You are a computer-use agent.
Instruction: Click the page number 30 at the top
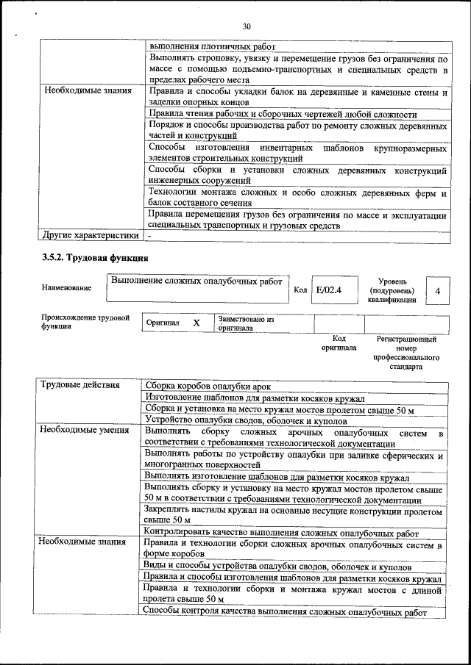coord(247,26)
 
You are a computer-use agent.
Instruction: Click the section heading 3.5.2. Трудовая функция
coord(96,258)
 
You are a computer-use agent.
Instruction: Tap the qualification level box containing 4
coord(438,292)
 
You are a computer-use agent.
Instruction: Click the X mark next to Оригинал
coord(196,323)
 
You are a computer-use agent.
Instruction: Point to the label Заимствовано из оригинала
coord(246,324)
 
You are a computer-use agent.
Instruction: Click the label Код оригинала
coord(339,343)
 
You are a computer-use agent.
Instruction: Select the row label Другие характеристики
coord(91,236)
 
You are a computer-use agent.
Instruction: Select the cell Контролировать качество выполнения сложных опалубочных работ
coord(281,533)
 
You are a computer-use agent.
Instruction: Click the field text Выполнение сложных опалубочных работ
coord(196,281)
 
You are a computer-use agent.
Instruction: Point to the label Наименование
coord(67,288)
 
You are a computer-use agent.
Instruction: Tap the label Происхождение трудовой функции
coord(85,322)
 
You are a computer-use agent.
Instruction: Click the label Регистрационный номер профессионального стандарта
coord(406,353)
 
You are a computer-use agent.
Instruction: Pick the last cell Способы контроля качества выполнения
coord(284,611)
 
